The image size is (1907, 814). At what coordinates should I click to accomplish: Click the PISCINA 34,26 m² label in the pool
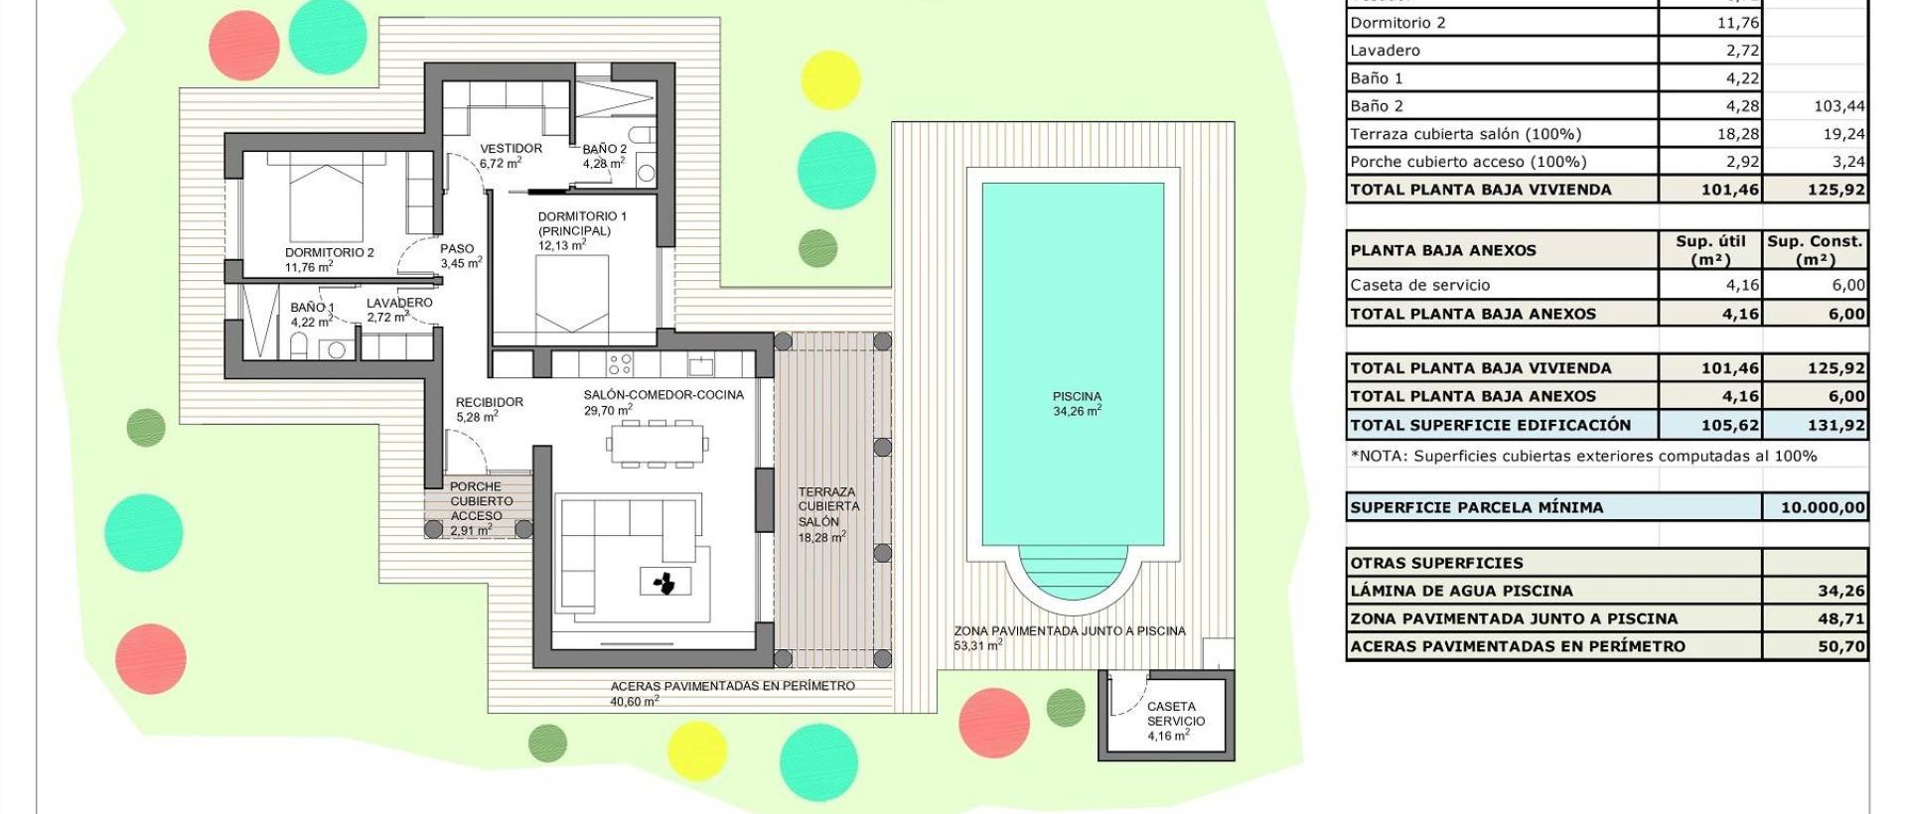point(1077,403)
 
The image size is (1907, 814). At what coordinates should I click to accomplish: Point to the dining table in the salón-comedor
point(656,443)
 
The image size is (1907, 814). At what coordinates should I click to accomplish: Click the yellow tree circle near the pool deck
point(830,79)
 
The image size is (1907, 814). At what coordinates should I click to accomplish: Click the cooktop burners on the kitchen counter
point(620,364)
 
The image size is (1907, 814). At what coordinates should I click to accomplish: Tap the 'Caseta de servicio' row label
point(1419,285)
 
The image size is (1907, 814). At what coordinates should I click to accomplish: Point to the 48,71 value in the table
point(1840,618)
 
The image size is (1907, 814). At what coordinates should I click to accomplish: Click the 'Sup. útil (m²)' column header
point(1709,250)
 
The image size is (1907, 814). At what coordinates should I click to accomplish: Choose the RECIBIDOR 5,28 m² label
point(489,409)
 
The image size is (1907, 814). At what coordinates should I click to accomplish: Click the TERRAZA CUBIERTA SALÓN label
point(826,514)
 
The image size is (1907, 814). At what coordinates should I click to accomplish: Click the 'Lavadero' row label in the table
point(1385,51)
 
